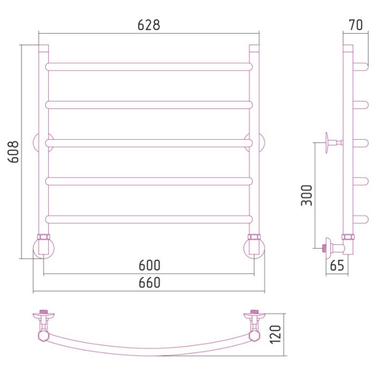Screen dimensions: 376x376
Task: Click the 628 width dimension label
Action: coord(149,25)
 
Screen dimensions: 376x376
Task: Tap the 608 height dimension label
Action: coord(13,152)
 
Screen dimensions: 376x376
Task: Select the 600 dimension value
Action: coord(149,265)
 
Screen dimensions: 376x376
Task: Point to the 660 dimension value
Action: coord(149,283)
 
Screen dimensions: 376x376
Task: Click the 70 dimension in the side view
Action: coord(356,25)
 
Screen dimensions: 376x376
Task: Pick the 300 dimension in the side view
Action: coord(306,195)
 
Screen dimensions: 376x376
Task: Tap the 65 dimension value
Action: coord(337,266)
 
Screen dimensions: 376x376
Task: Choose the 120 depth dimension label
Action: coord(275,335)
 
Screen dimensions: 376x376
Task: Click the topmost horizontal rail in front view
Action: coord(149,66)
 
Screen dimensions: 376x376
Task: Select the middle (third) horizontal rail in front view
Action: coord(149,143)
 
